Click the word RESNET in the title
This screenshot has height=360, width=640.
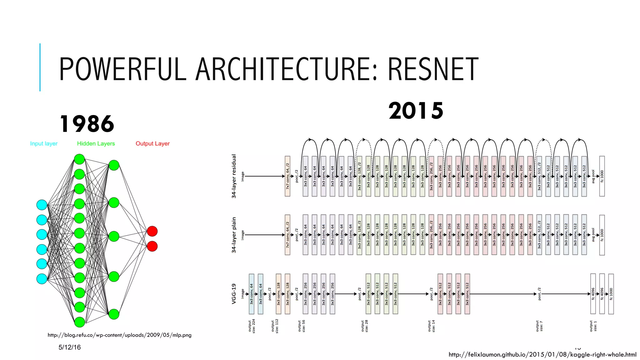pyautogui.click(x=433, y=69)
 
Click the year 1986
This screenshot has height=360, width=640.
pyautogui.click(x=87, y=124)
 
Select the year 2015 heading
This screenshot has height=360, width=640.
pyautogui.click(x=416, y=111)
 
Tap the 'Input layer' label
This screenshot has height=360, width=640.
pyautogui.click(x=44, y=143)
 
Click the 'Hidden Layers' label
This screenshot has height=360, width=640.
pyautogui.click(x=96, y=143)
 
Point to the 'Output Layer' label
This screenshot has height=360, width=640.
pyautogui.click(x=152, y=143)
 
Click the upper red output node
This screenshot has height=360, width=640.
pyautogui.click(x=152, y=231)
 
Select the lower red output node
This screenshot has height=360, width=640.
pyautogui.click(x=152, y=246)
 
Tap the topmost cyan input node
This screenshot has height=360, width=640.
pyautogui.click(x=42, y=205)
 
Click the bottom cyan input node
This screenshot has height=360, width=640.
pyautogui.click(x=42, y=278)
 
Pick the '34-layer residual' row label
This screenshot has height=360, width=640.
pyautogui.click(x=234, y=176)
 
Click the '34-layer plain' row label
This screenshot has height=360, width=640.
pyautogui.click(x=234, y=235)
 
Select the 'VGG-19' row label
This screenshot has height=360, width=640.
pyautogui.click(x=234, y=294)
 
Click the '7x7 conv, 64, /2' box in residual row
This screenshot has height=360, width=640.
pyautogui.click(x=287, y=176)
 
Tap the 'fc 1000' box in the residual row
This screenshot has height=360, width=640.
pyautogui.click(x=602, y=176)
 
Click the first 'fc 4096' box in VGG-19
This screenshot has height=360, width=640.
pyautogui.click(x=593, y=294)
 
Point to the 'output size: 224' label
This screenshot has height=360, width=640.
pyautogui.click(x=252, y=326)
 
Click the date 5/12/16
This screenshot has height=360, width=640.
pyautogui.click(x=70, y=347)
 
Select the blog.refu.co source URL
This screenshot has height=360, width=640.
pyautogui.click(x=119, y=335)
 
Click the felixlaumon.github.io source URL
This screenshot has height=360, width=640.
pyautogui.click(x=542, y=354)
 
